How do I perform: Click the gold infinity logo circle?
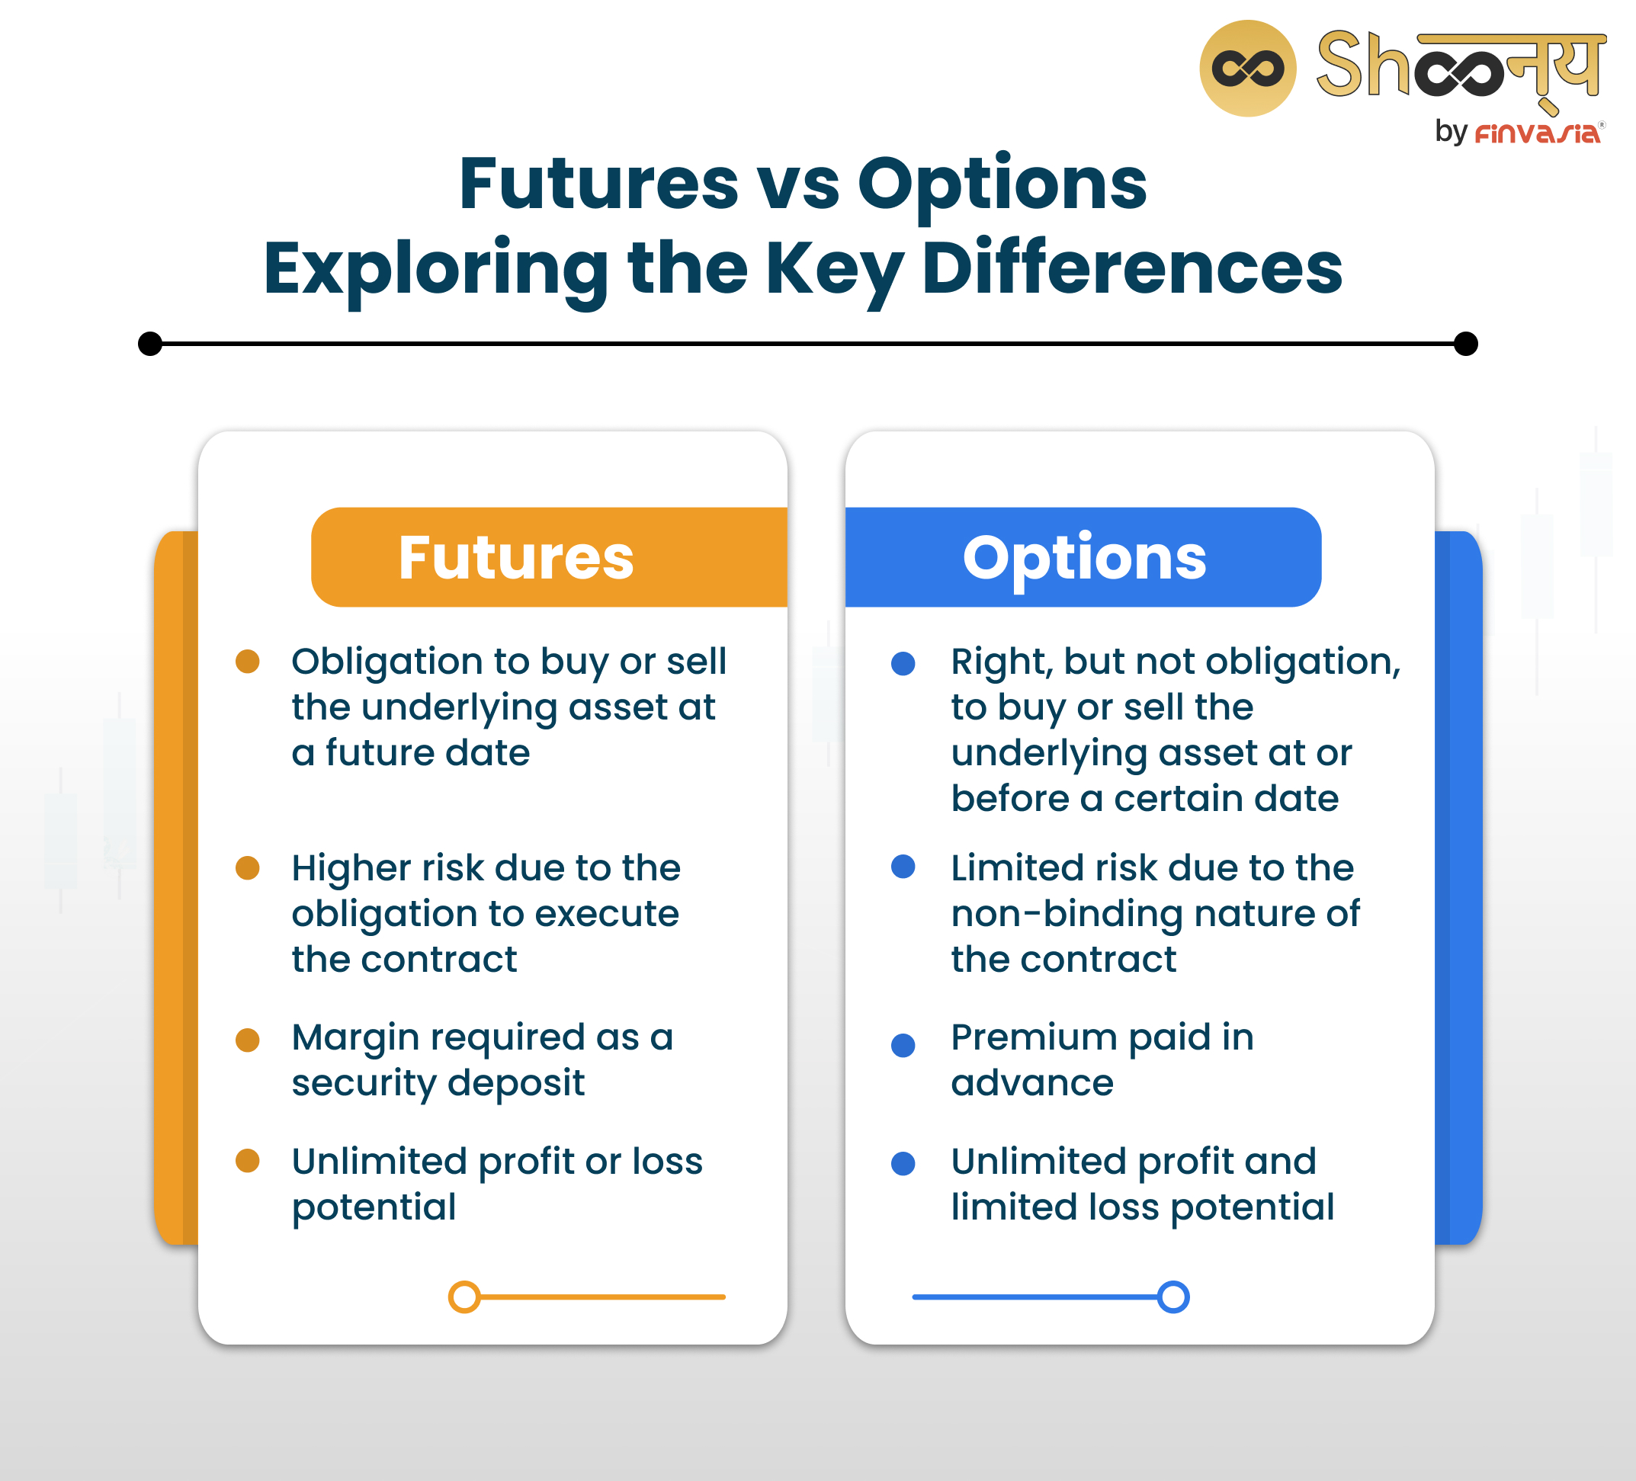[x=1247, y=68]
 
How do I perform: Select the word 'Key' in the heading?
[x=833, y=269]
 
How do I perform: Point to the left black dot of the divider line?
[x=150, y=343]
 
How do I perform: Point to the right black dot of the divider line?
[x=1464, y=343]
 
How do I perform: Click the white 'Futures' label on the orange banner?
[x=516, y=558]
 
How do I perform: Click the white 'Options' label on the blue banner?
[x=1084, y=558]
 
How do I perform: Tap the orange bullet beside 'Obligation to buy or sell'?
[x=248, y=662]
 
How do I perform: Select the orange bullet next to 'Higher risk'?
[x=248, y=867]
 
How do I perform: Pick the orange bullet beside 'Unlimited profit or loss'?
[x=248, y=1160]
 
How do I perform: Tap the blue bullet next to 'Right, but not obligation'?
[x=903, y=663]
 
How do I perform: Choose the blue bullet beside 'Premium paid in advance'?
[x=903, y=1044]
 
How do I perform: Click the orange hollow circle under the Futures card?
[x=464, y=1297]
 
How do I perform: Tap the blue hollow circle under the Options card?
[x=1173, y=1297]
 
